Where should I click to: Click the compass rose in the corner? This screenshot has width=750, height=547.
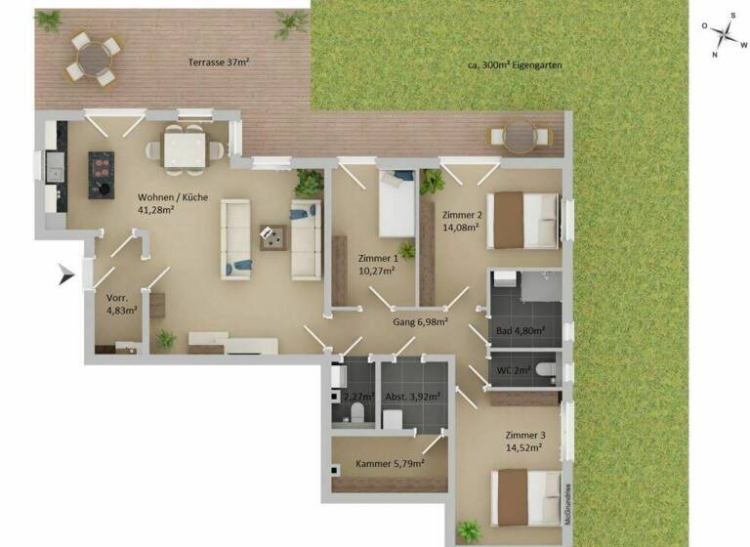pos(725,36)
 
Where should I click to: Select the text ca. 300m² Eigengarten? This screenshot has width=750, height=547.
pos(515,66)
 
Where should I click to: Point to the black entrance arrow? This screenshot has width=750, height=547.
pos(66,274)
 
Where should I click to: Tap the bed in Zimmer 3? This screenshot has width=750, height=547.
pos(526,497)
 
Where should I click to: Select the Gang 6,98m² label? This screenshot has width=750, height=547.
pos(420,321)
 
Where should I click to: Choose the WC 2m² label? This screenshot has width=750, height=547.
pos(514,369)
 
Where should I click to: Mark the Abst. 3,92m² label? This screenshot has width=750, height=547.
pos(411,396)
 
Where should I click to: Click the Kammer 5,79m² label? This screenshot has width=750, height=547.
pos(389,463)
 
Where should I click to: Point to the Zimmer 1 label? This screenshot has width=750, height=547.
pos(378,265)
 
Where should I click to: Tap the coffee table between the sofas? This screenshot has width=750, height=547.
pos(271,235)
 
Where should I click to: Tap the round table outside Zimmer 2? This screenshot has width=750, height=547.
pos(520,136)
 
